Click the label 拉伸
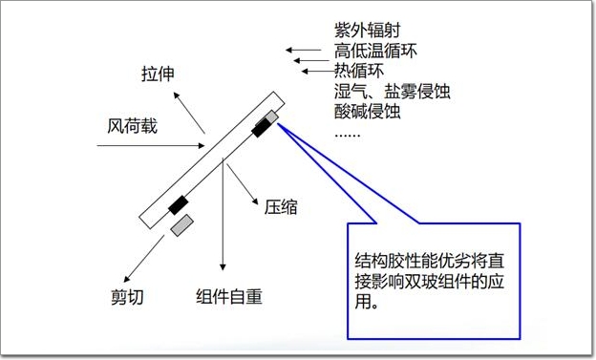point(158,74)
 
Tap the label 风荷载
point(132,126)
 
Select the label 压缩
point(281,207)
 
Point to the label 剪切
point(127,297)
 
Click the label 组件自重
point(229,297)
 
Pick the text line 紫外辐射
point(368,30)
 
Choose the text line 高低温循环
point(375,51)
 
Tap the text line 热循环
point(359,71)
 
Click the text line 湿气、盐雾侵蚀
point(393,92)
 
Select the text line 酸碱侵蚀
point(368,112)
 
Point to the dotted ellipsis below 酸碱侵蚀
point(347,136)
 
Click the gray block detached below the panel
point(182,225)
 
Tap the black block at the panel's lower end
point(179,205)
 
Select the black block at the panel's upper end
point(262,127)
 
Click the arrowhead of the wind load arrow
point(202,145)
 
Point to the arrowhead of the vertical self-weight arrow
point(223,266)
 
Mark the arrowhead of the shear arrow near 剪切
point(128,279)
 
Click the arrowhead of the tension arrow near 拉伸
point(176,95)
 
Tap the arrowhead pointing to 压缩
point(255,201)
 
